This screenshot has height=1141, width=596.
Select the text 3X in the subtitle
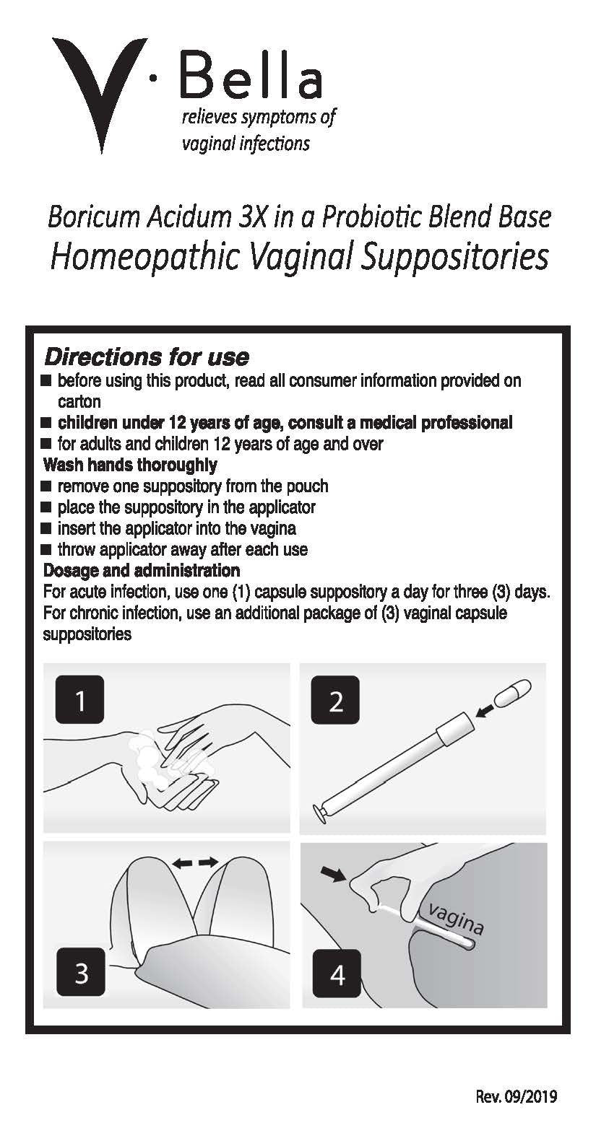pyautogui.click(x=252, y=217)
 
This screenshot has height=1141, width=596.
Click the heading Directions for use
pyautogui.click(x=147, y=357)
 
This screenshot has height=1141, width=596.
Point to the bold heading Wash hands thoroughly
pyautogui.click(x=130, y=465)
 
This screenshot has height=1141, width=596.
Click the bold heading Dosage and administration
pyautogui.click(x=142, y=570)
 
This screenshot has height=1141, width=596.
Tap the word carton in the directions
pyautogui.click(x=79, y=402)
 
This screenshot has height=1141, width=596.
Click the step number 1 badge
pyautogui.click(x=80, y=699)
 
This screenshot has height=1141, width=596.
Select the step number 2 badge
pyautogui.click(x=335, y=699)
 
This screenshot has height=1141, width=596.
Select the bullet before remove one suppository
pyautogui.click(x=47, y=486)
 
